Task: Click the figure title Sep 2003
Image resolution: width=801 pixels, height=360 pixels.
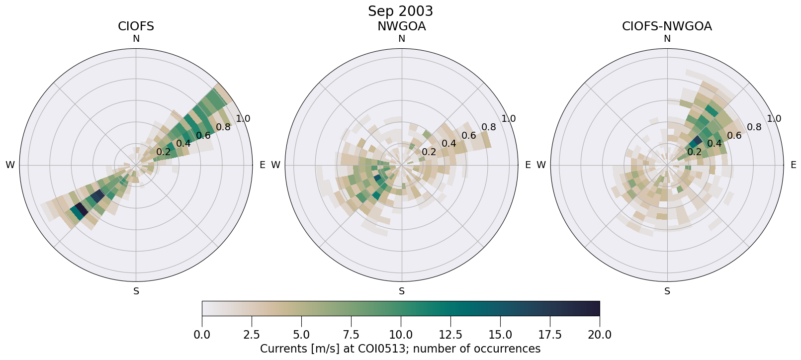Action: [400, 11]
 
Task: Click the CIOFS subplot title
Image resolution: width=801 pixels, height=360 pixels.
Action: [136, 26]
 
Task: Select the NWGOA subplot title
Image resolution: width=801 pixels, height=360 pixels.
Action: [401, 26]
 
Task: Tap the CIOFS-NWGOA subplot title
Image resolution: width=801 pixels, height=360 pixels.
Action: [667, 26]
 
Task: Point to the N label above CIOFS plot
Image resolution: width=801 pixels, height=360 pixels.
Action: [136, 39]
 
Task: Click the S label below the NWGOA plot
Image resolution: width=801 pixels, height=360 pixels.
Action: [402, 291]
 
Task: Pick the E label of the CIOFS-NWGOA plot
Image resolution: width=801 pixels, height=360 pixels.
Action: [794, 165]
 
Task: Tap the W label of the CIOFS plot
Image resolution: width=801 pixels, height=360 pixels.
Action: [10, 165]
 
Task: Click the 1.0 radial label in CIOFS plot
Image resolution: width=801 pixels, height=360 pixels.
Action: [243, 119]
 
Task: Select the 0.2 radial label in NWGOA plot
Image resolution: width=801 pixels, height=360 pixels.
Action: [429, 152]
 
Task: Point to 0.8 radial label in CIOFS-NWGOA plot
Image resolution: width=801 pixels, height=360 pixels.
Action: [754, 127]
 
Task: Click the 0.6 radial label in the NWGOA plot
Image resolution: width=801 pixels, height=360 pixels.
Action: [469, 136]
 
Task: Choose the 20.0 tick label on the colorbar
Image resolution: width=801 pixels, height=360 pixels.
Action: [600, 335]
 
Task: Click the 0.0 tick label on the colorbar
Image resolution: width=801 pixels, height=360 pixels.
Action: [202, 335]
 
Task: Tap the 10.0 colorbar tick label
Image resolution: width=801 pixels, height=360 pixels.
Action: [401, 335]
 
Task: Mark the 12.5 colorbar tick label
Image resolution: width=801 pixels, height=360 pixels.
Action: [450, 335]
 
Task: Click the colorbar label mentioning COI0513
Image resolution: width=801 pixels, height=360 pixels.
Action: [400, 349]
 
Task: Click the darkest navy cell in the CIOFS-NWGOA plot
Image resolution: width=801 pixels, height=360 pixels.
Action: [697, 140]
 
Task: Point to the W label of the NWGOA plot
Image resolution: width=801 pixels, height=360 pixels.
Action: [275, 165]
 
